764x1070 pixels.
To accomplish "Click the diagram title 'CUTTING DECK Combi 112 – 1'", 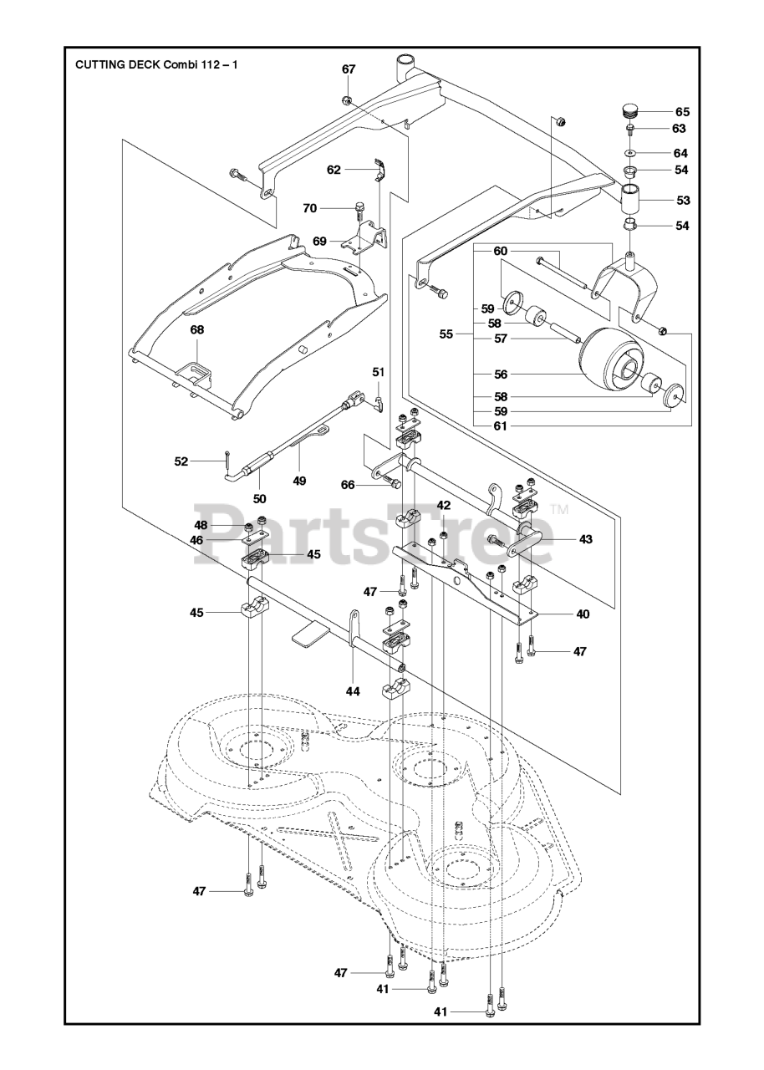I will click(156, 64).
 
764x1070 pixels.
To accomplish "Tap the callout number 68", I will click(197, 330).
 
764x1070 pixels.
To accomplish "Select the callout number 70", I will click(310, 208).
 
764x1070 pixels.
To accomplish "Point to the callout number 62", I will click(334, 170).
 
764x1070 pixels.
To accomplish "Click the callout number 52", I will click(181, 461).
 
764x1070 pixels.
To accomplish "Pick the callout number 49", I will click(299, 481).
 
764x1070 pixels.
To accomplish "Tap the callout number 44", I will click(354, 691).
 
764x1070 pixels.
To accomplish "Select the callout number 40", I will click(583, 614).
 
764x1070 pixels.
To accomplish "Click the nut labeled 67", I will click(347, 101).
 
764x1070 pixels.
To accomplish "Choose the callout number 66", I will click(348, 485).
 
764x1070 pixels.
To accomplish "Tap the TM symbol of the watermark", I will click(559, 508).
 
